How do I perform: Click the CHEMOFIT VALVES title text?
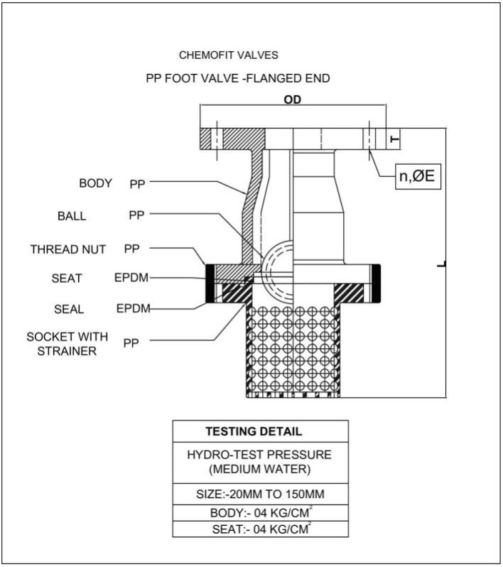pos(229,55)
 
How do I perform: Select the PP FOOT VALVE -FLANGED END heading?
pos(238,78)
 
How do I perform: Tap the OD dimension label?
pos(293,99)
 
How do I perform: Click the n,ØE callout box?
pos(418,176)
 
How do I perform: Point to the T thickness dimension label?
pos(395,139)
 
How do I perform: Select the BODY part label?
pos(95,183)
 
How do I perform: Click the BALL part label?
pos(72,216)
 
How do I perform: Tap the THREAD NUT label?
pos(68,249)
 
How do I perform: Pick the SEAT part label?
pos(67,279)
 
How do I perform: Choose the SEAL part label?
pos(69,310)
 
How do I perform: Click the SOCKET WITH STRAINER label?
pos(67,344)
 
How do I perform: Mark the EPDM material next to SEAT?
pos(131,278)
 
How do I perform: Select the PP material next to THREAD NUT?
pos(131,249)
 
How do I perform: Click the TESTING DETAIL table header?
pos(254,431)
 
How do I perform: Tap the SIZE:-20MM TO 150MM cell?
pos(260,495)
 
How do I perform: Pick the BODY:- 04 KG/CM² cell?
pos(260,513)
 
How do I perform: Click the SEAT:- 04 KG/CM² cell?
pos(260,529)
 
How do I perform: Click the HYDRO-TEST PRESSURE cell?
pos(260,463)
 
